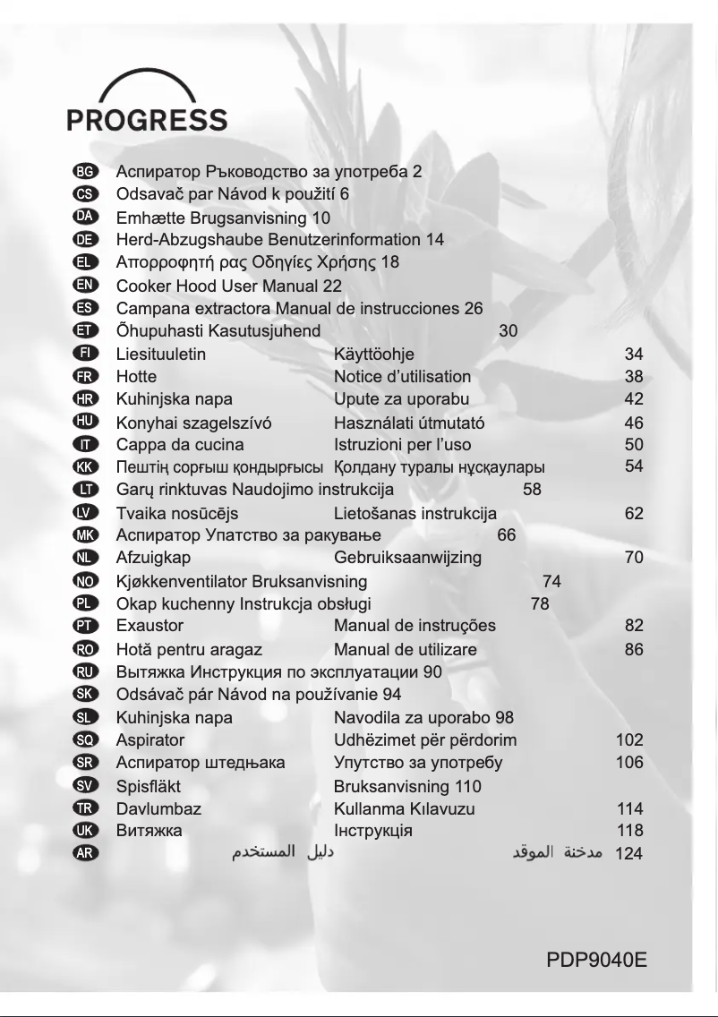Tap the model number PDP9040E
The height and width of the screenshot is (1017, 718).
coord(596,961)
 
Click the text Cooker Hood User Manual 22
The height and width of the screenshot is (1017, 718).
coord(229,286)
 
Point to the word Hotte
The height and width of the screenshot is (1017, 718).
coord(136,377)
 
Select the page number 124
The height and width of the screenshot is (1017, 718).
coord(629,854)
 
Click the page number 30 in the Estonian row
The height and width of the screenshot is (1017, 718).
coord(508,331)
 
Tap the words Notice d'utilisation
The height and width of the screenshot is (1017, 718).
coord(402,377)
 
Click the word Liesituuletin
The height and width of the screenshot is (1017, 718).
coord(161,355)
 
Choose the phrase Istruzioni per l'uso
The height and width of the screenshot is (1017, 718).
coord(402,445)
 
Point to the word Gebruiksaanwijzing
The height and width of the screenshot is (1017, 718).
coord(407,558)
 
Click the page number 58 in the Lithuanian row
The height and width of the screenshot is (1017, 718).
coord(532,490)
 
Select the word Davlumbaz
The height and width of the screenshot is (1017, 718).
coord(158,808)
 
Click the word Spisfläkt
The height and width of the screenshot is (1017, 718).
coord(149,787)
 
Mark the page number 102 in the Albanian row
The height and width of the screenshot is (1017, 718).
coord(629,740)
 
